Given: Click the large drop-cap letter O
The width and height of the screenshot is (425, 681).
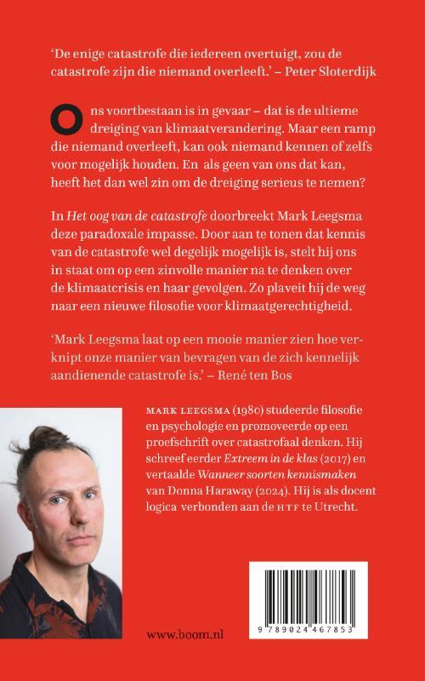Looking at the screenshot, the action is click(x=64, y=124).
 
